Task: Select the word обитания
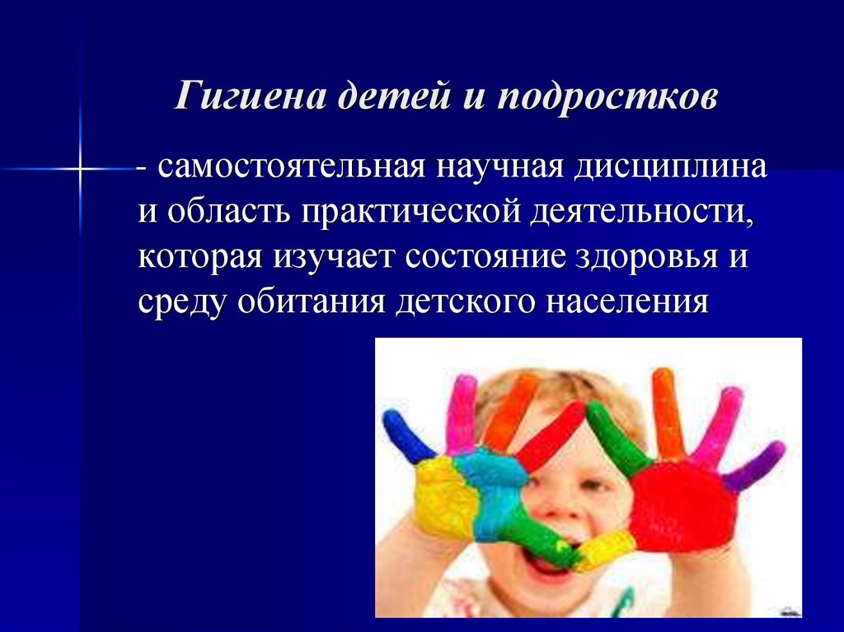click(x=310, y=302)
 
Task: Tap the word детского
click(x=460, y=302)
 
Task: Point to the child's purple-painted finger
click(x=757, y=466)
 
